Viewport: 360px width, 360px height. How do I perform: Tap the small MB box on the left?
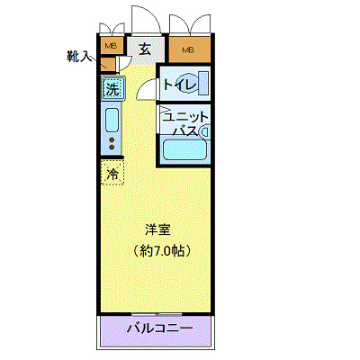tap(112, 47)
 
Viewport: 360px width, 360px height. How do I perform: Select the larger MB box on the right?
tap(188, 49)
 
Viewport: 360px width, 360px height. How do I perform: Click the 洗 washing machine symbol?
tap(112, 88)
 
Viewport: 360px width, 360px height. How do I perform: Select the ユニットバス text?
tap(186, 125)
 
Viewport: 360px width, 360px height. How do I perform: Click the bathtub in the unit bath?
tap(184, 150)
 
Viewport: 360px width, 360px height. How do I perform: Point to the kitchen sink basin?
tap(112, 119)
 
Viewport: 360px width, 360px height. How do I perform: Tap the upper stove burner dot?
tap(112, 141)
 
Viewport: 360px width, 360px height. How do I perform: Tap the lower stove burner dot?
tap(112, 150)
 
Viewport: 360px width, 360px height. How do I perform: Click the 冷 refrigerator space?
tap(113, 172)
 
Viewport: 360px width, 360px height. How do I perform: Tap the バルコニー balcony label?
tap(160, 329)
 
